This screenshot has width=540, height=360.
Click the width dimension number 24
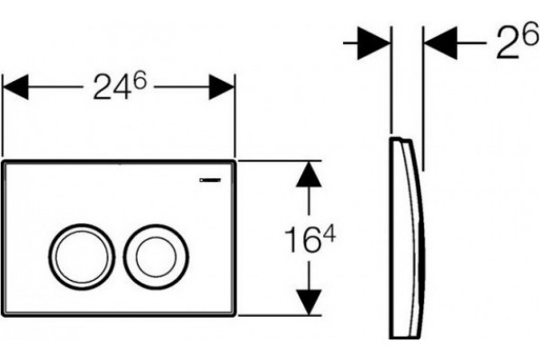coord(111,88)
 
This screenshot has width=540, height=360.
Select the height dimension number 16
coord(301,240)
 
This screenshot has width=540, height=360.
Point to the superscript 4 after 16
coord(328,237)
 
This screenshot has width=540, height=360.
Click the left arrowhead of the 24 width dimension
coord(15,86)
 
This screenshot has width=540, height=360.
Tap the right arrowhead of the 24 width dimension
coord(221,86)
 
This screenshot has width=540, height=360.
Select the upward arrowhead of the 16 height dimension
coord(309,175)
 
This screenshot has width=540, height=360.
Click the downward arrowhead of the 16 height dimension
coord(309,302)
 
